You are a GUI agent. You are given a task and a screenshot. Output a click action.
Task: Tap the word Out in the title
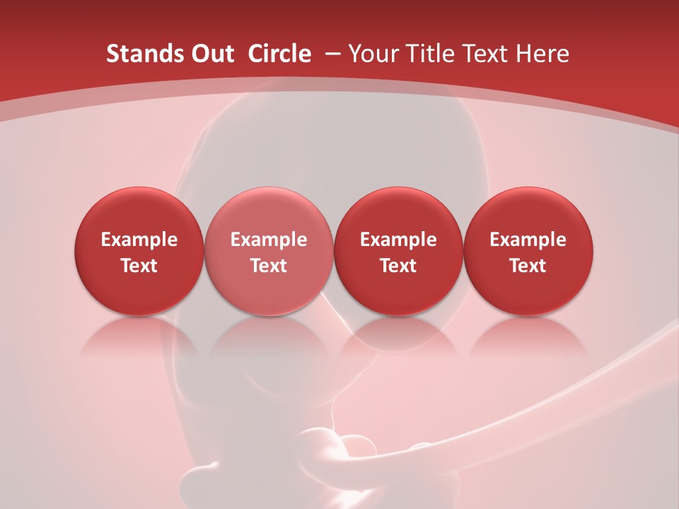coord(211,54)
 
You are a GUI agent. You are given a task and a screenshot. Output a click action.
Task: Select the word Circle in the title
coord(279,54)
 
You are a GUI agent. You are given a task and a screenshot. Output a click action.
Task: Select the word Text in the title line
coord(487,54)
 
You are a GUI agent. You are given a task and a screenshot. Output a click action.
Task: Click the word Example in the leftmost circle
coord(139,240)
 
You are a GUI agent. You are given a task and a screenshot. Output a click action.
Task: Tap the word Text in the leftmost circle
coord(139,266)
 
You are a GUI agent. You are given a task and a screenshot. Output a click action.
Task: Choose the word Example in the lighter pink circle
coord(269,240)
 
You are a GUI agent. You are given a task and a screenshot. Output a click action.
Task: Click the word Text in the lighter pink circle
coord(269,266)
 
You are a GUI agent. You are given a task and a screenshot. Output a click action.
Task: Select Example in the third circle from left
coord(398,240)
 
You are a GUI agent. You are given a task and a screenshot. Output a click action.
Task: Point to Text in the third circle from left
coord(398,266)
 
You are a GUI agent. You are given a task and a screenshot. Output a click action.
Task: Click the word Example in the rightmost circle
coord(528,240)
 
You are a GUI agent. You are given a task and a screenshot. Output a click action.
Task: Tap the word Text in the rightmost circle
coord(528,266)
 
